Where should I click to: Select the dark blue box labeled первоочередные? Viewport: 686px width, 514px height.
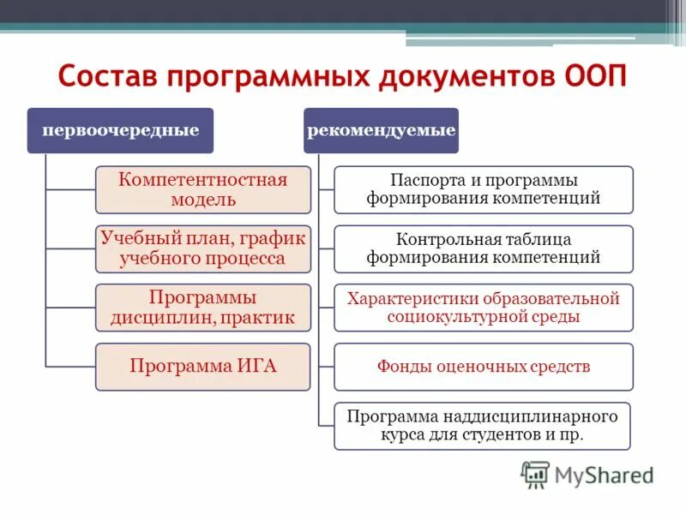click(120, 130)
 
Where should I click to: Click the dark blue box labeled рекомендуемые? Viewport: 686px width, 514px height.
click(382, 130)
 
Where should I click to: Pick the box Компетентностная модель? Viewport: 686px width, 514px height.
click(202, 189)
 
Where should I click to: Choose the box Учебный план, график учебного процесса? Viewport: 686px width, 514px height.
click(202, 248)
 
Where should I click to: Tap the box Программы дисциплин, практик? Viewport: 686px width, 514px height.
click(202, 308)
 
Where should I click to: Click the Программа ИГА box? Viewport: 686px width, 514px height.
click(202, 367)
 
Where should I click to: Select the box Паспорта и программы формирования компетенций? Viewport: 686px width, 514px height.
click(484, 189)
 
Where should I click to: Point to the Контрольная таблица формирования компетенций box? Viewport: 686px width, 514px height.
click(484, 248)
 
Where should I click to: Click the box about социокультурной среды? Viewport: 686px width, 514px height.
click(484, 308)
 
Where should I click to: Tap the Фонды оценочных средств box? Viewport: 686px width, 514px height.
click(484, 367)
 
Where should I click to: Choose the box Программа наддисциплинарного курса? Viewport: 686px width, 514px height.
click(484, 426)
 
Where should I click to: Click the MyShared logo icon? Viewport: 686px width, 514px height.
click(535, 474)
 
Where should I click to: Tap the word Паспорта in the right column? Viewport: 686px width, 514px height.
click(422, 180)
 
